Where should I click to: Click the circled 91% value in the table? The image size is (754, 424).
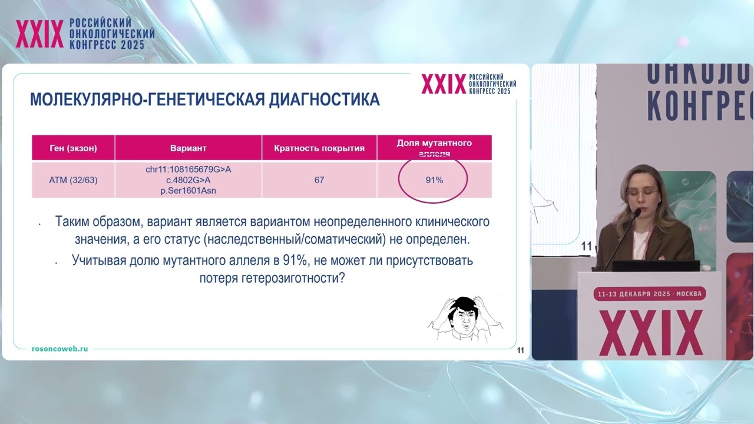coord(434,180)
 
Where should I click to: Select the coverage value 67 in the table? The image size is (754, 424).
coord(319,180)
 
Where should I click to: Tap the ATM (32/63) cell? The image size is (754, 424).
coord(73,180)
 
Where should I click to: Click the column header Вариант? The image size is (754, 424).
coord(188,148)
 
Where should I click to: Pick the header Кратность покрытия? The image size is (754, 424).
coord(319,148)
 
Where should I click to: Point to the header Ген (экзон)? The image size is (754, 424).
coord(73,148)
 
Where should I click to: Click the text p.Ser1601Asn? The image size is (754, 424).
coord(188,191)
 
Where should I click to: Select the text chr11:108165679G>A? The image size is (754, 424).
coord(188,170)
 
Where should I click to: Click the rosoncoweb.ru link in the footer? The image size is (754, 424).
coord(59,349)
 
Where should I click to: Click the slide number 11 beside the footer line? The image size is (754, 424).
coord(521,351)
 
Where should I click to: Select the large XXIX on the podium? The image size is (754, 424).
coord(650,332)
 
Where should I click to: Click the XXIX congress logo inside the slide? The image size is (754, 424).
coord(469,84)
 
